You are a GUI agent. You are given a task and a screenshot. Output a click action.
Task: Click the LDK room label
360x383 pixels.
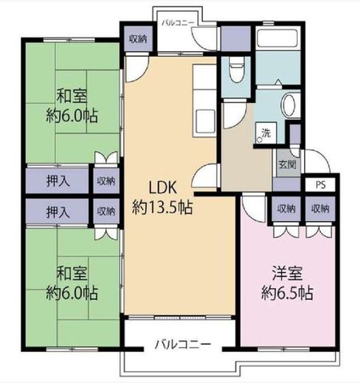pos(162,188)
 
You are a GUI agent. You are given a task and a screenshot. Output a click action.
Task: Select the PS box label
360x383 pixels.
pos(321,185)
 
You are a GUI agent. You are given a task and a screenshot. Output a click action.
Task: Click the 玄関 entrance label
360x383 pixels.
pos(287,164)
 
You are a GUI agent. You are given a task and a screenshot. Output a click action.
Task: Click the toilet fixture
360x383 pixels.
pos(236,70)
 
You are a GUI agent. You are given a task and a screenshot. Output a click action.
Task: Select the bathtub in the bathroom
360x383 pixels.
pos(279,39)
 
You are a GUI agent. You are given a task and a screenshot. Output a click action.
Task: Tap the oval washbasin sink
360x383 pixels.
pos(289,105)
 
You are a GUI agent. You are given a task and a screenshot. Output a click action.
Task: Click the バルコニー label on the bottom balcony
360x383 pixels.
pos(183,345)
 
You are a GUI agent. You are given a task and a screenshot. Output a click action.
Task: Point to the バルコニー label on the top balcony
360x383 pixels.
pos(178,23)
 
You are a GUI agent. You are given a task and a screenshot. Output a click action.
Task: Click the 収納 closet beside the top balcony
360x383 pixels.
pos(138,39)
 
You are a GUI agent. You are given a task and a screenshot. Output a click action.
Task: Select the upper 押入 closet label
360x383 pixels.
pos(58,181)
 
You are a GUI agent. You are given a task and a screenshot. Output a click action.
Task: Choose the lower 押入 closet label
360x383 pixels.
pos(58,212)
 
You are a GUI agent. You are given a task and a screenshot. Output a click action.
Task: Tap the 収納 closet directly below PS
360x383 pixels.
pos(320,209)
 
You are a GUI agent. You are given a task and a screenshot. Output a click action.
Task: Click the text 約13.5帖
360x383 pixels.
pos(162,207)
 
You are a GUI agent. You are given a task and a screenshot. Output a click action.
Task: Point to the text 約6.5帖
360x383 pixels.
pos(287,293)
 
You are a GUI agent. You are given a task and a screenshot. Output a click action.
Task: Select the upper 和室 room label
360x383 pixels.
pos(72,97)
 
